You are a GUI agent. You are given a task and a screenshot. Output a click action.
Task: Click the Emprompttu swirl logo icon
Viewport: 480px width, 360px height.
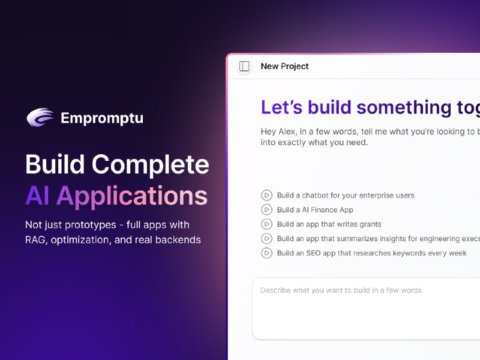(40, 117)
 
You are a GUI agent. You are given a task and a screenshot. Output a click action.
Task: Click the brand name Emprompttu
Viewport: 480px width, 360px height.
(102, 118)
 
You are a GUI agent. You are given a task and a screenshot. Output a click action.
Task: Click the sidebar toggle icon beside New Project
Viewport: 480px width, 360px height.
(244, 67)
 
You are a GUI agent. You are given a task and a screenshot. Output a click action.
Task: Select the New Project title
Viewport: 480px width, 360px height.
(284, 67)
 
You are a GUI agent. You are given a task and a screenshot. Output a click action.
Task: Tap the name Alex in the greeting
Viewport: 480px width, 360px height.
(290, 131)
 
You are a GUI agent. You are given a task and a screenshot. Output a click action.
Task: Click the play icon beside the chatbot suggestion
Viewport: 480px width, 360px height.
(266, 195)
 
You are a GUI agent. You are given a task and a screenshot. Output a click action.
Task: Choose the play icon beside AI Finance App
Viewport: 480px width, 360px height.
(266, 209)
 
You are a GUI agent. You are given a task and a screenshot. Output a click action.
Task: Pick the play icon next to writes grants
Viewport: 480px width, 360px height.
(266, 224)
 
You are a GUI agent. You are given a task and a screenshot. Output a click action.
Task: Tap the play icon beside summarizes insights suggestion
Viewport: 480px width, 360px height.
(266, 239)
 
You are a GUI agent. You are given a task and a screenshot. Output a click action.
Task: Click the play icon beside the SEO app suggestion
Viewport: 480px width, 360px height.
(266, 253)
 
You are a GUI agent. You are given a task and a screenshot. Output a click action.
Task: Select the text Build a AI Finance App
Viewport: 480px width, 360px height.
(315, 210)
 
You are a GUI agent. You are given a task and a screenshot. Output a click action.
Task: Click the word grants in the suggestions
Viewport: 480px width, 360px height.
(369, 224)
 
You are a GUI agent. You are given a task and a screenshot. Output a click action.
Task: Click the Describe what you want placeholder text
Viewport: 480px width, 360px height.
(341, 290)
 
